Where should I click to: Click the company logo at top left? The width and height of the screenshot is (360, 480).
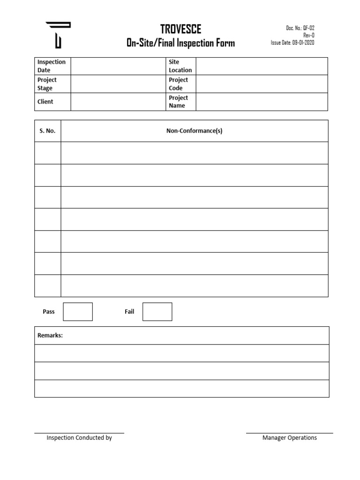tap(58, 34)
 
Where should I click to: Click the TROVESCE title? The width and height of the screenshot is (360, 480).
tap(180, 29)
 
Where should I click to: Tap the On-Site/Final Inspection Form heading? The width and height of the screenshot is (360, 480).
tap(180, 43)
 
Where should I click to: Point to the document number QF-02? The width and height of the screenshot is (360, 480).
tap(300, 28)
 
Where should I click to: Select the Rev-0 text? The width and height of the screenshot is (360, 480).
tap(309, 35)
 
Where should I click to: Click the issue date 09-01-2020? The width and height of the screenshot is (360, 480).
tap(292, 43)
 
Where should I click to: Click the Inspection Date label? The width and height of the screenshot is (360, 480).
tap(52, 66)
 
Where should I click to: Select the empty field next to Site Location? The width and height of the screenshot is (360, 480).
tap(262, 66)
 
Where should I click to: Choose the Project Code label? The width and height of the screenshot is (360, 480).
tap(178, 84)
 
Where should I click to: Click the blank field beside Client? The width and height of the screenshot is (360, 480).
tap(117, 102)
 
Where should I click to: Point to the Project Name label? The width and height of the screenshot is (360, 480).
tap(178, 102)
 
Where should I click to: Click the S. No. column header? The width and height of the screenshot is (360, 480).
tap(47, 131)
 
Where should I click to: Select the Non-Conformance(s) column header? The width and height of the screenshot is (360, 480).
tap(194, 131)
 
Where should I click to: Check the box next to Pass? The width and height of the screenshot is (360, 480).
tap(78, 312)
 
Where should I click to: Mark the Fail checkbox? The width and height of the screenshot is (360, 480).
tap(157, 312)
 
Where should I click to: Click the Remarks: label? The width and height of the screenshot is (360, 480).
tap(50, 336)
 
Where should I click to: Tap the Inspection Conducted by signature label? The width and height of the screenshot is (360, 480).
tap(79, 438)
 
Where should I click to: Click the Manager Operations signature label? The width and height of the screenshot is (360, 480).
tap(290, 438)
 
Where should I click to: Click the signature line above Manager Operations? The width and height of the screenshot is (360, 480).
tap(290, 433)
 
